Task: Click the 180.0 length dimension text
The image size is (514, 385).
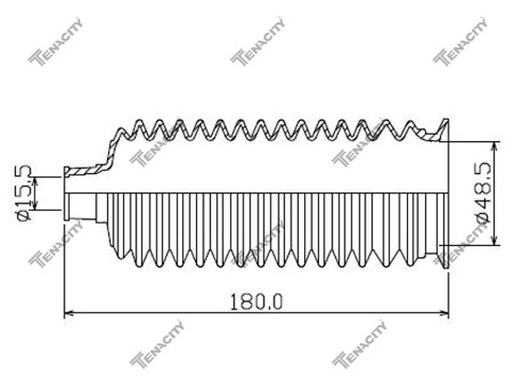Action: (256, 302)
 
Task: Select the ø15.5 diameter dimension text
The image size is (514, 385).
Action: (24, 193)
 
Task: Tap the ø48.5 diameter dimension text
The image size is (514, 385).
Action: (484, 193)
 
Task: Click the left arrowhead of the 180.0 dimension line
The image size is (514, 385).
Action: (68, 314)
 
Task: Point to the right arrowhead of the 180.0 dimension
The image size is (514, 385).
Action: (444, 314)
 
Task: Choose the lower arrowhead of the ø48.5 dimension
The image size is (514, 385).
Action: (495, 240)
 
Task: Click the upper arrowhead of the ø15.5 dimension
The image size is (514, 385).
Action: (35, 182)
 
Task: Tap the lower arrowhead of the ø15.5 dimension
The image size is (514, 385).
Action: (35, 205)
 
